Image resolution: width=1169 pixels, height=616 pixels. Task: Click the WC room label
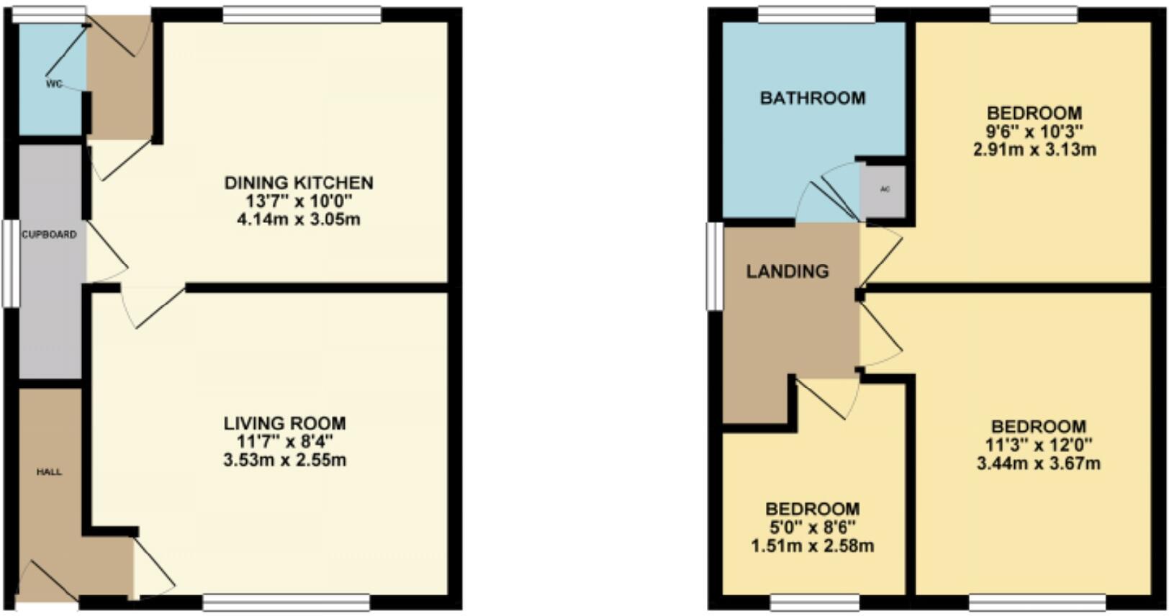[x=54, y=84]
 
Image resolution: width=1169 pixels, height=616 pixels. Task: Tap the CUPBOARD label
[x=49, y=235]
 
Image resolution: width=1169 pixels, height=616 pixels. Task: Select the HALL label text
[x=49, y=472]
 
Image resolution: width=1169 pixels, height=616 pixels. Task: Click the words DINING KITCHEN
[x=299, y=183]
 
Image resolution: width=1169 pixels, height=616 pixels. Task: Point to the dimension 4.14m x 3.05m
[x=299, y=219]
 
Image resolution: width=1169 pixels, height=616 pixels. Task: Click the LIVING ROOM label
[x=284, y=423]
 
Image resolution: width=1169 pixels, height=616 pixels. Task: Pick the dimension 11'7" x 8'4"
[x=284, y=441]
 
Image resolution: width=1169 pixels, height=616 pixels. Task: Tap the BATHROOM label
[x=813, y=98]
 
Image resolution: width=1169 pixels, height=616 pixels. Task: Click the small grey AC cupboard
[x=885, y=190]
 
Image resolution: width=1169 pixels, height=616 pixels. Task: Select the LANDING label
[x=787, y=271]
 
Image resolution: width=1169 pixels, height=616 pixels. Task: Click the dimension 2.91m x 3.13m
[x=1034, y=150]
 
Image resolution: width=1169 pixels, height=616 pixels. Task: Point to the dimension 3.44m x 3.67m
[x=1038, y=463]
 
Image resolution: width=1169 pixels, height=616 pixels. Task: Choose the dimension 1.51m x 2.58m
[x=812, y=546]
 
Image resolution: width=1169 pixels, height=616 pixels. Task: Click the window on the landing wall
[x=714, y=266]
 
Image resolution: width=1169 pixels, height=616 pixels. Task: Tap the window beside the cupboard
[x=10, y=263]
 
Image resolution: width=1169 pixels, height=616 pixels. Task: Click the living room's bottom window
[x=286, y=602]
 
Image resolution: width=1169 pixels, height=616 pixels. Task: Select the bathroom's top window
[x=816, y=14]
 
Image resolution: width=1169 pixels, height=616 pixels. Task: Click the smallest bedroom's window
[x=815, y=602]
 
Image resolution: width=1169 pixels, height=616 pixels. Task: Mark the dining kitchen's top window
[x=302, y=14]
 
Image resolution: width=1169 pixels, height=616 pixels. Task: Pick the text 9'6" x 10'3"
[x=1034, y=132]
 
